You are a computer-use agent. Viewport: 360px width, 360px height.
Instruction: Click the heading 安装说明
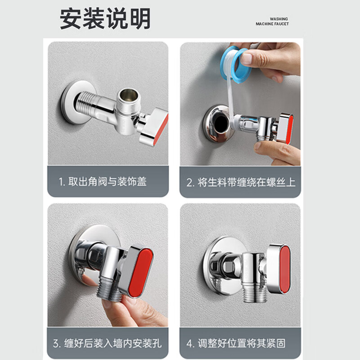pyautogui.click(x=105, y=19)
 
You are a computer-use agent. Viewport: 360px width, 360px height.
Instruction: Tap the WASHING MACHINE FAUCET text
pyautogui.click(x=272, y=22)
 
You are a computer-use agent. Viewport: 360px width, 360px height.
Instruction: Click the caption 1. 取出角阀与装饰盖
pyautogui.click(x=103, y=182)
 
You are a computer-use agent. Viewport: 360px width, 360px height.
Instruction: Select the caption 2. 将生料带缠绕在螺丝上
pyautogui.click(x=241, y=182)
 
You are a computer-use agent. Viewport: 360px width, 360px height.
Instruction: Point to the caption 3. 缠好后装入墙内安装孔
pyautogui.click(x=107, y=344)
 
